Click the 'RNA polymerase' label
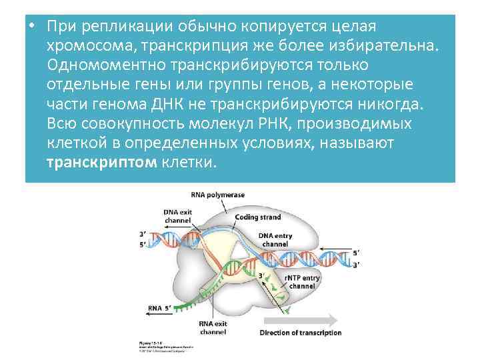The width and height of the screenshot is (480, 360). pos(218,195)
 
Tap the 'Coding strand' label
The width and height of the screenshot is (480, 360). pos(257,217)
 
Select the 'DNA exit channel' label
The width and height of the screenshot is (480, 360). pos(177,217)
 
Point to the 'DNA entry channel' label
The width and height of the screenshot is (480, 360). pos(275,240)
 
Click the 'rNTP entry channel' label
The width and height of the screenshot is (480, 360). pos(301,281)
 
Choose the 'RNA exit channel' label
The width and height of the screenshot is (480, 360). pos(212,327)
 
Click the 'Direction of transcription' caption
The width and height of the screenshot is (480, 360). pos(300,333)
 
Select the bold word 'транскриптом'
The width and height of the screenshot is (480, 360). pos(102,163)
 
